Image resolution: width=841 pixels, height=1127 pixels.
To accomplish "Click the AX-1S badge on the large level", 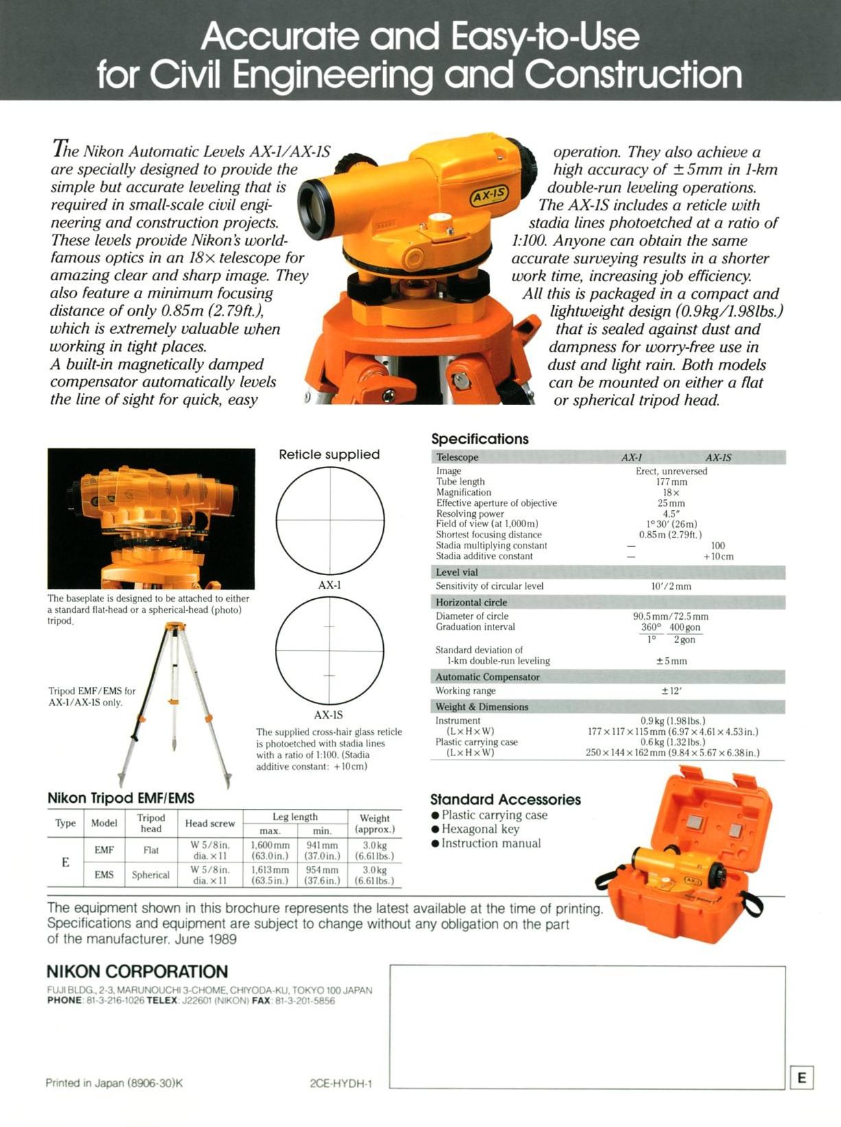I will coord(489,195).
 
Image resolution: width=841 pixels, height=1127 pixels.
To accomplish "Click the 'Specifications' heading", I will coord(480,439).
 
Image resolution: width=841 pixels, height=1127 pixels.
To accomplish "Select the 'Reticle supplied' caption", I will coord(329,455).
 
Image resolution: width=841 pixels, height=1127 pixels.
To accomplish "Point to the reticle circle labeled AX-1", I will coord(330,521).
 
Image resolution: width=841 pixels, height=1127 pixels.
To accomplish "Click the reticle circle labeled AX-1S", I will coord(330,651).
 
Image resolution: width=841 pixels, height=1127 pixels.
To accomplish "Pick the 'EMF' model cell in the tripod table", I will coord(104,850).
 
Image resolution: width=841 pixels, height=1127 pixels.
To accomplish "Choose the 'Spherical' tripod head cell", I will coord(151,875).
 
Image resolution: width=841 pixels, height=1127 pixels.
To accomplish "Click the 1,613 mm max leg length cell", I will coord(270,875).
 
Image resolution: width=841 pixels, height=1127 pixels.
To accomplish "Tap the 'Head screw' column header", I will coord(210,823).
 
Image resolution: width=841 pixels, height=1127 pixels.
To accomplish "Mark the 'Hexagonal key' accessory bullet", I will coord(480,829).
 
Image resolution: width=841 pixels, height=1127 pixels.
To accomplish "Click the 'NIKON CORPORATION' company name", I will coord(137,971).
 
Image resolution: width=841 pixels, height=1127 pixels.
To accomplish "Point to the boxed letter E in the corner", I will coord(801,1078).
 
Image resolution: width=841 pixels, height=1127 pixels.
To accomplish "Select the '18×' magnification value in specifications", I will coord(671,492).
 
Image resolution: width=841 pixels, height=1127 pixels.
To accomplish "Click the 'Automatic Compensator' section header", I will coord(487,677).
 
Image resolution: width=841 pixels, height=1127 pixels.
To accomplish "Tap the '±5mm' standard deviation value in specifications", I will coord(671,661).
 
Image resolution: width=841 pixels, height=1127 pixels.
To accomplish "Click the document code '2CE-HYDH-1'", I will coord(341,1083).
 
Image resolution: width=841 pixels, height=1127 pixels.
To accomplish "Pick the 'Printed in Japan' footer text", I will coord(114,1083).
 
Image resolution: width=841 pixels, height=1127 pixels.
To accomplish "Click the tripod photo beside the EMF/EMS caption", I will coord(175,703).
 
